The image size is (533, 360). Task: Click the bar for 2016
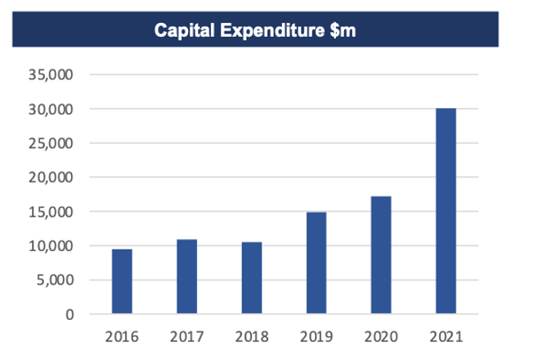click(122, 281)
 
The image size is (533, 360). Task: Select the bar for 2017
click(186, 277)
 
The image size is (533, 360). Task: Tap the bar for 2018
click(252, 278)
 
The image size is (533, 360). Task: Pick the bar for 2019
click(316, 263)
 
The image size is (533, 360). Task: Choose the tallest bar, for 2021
click(446, 211)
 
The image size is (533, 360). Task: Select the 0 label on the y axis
click(70, 314)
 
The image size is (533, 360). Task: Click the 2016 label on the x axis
click(122, 335)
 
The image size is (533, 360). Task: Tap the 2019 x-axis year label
click(316, 335)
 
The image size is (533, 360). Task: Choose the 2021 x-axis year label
click(446, 335)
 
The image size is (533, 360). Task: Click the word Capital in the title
click(182, 32)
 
